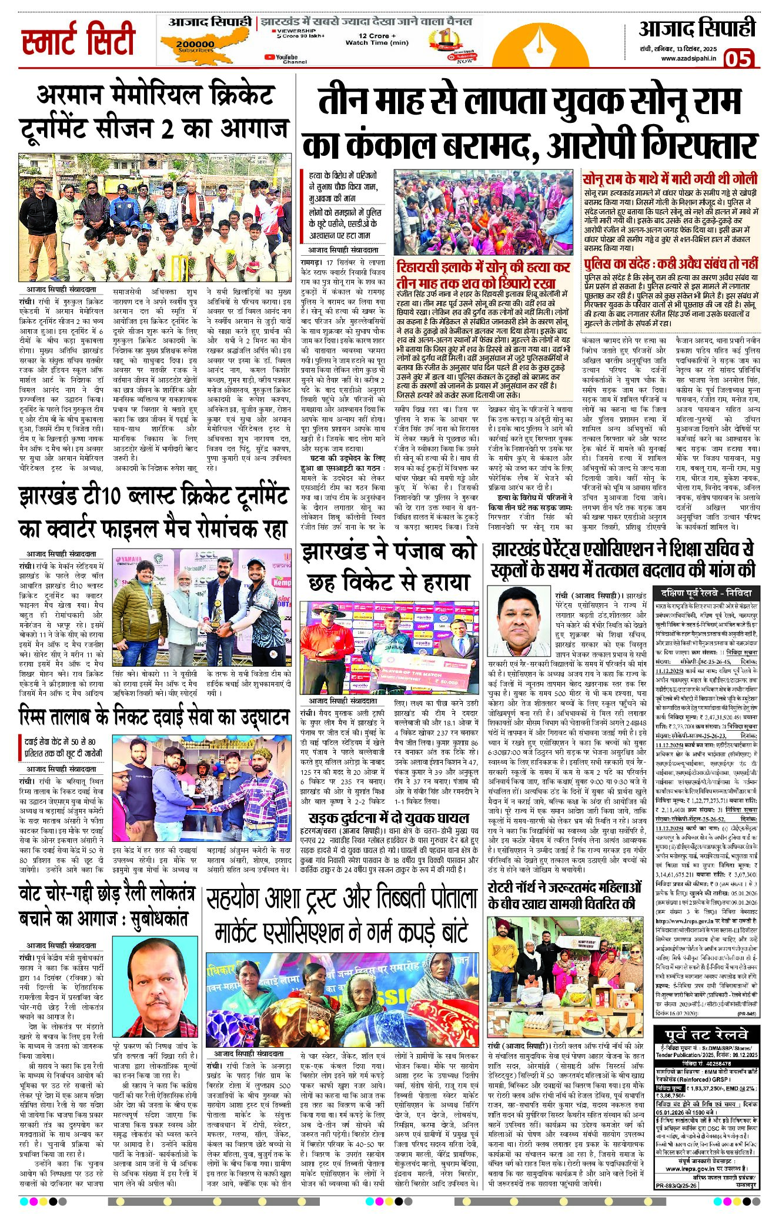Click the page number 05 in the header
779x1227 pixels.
[738, 59]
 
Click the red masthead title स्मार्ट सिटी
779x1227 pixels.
[79, 40]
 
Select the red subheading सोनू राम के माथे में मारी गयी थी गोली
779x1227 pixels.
[670, 179]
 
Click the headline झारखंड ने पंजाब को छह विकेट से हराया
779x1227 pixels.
[389, 567]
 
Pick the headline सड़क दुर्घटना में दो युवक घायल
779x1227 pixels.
[389, 818]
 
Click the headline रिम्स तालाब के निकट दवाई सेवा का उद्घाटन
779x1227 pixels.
[154, 717]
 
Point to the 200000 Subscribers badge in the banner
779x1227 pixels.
[195, 45]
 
